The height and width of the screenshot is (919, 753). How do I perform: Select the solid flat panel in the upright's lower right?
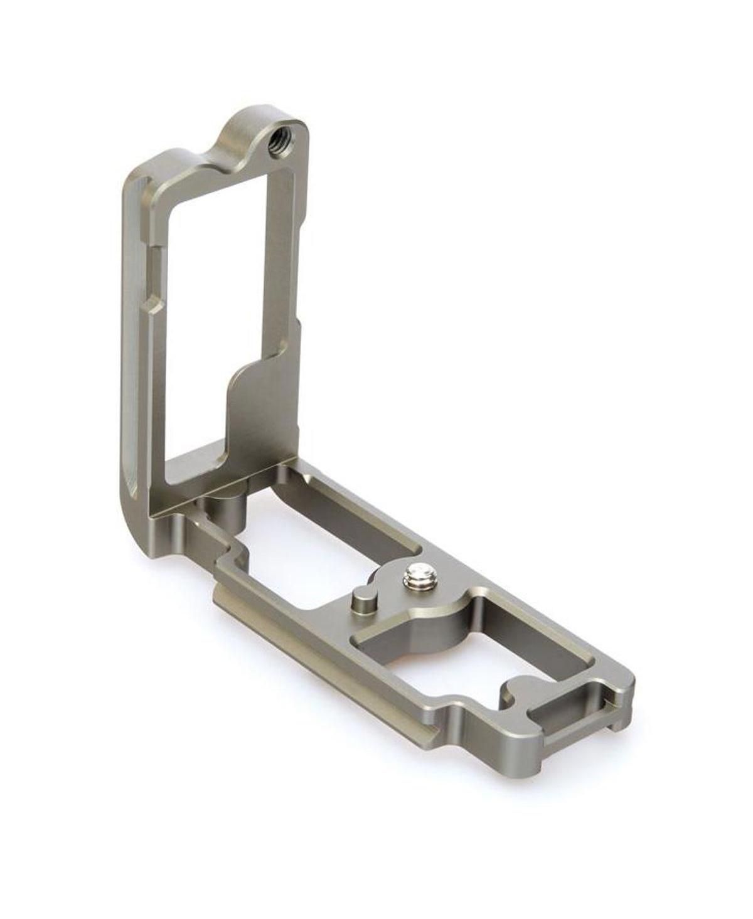260,408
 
